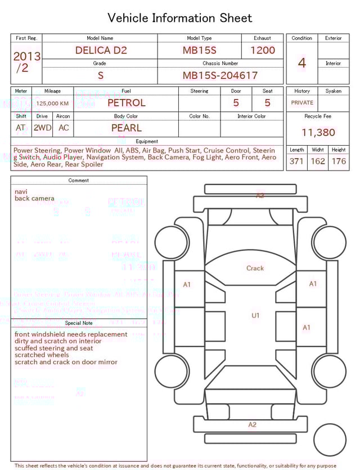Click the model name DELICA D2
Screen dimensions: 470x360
pyautogui.click(x=101, y=50)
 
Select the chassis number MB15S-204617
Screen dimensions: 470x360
pyautogui.click(x=220, y=75)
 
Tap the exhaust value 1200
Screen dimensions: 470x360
pyautogui.click(x=263, y=50)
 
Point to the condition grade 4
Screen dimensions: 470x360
pyautogui.click(x=301, y=63)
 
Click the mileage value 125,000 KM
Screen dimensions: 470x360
pyautogui.click(x=52, y=104)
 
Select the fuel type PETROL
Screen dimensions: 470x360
pyautogui.click(x=126, y=103)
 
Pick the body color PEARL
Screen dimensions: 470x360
pyautogui.click(x=126, y=128)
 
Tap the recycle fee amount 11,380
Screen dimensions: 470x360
pyautogui.click(x=318, y=133)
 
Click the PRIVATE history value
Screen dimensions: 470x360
pyautogui.click(x=302, y=103)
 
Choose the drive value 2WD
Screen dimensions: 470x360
pyautogui.click(x=42, y=128)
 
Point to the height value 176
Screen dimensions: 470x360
pyautogui.click(x=339, y=162)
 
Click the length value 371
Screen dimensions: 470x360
pyautogui.click(x=296, y=162)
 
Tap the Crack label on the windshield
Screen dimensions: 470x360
pyautogui.click(x=255, y=268)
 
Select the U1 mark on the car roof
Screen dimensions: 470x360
pyautogui.click(x=255, y=316)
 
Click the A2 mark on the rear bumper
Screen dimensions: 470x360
pyautogui.click(x=252, y=424)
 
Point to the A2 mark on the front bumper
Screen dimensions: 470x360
pyautogui.click(x=259, y=196)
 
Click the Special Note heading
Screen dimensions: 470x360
pyautogui.click(x=79, y=323)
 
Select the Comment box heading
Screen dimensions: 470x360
pyautogui.click(x=79, y=181)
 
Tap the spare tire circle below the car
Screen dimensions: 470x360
pyautogui.click(x=330, y=440)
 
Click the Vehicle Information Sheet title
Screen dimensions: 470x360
pyautogui.click(x=180, y=18)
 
